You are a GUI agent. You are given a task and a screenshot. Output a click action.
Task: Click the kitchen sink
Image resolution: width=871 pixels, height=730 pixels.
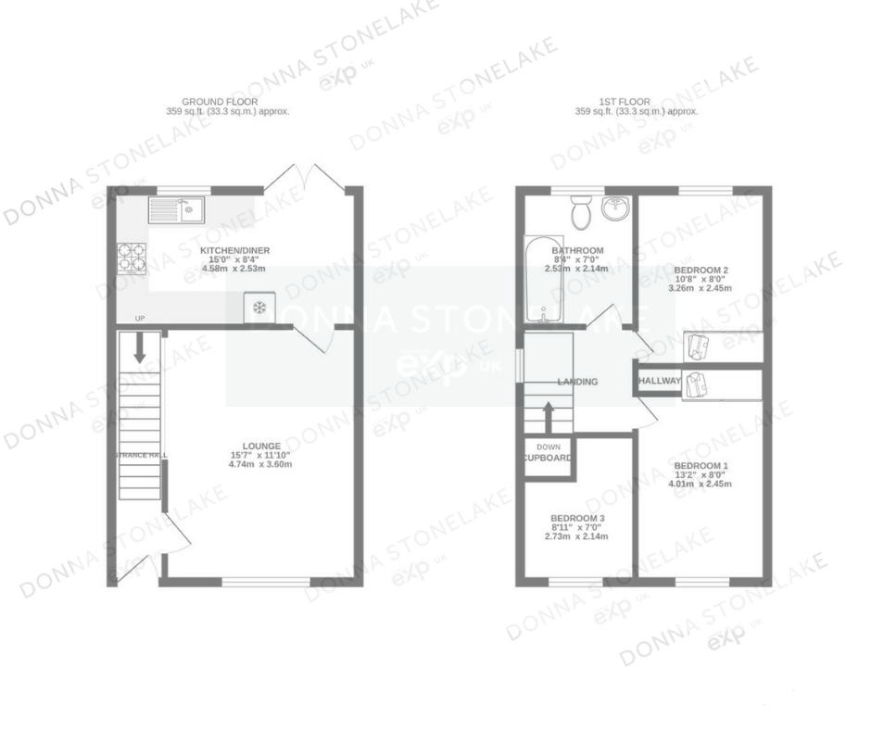pos(176,211)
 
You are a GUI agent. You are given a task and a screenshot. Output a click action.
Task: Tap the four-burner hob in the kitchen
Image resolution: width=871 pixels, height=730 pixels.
pos(131,258)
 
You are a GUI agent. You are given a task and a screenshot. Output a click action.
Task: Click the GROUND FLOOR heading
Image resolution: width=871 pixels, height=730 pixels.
pos(220,101)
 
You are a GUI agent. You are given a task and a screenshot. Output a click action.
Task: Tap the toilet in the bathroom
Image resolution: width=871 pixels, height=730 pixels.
pos(582,213)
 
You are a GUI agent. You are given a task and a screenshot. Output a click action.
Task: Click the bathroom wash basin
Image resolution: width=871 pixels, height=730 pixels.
pos(615,209)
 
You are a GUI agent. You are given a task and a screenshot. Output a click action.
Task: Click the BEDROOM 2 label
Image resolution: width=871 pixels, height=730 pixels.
pos(700,268)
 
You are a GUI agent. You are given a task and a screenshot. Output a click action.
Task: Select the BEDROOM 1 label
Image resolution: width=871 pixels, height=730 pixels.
pos(701,465)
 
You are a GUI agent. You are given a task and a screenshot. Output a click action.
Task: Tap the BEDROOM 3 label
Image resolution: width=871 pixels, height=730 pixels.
pos(577,518)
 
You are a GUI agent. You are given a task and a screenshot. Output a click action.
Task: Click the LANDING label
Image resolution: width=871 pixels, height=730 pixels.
pos(577,382)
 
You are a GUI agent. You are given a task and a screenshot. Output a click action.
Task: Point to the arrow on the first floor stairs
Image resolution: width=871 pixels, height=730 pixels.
pos(549,416)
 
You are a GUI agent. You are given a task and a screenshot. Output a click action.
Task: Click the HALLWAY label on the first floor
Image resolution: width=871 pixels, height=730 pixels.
pos(659,381)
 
